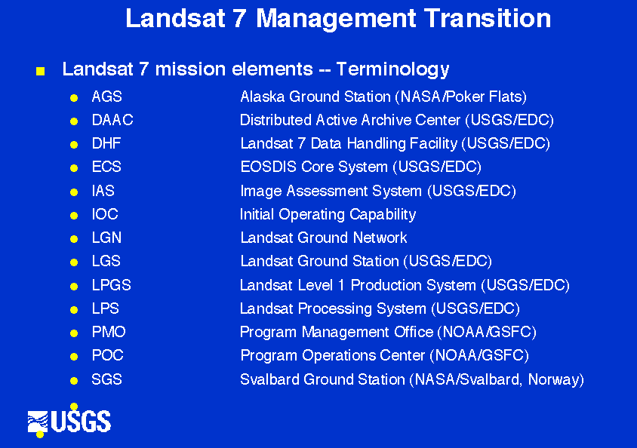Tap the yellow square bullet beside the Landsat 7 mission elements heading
click(40, 72)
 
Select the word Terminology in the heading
click(392, 70)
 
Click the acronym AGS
click(107, 97)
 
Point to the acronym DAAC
click(112, 120)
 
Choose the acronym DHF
click(106, 143)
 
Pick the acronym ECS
click(106, 167)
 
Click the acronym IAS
click(103, 191)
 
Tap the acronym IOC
click(105, 214)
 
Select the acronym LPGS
click(111, 285)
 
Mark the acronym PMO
click(109, 332)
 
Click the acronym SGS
click(107, 379)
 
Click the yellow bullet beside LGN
click(74, 239)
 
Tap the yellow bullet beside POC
click(74, 357)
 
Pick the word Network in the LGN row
click(380, 238)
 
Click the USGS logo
click(69, 421)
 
